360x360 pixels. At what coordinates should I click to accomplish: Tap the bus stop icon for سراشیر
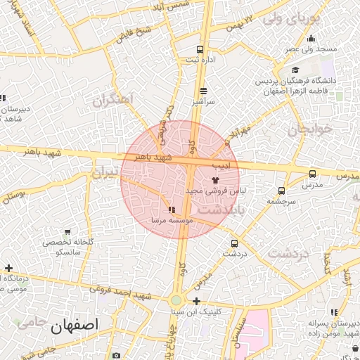point(204,91)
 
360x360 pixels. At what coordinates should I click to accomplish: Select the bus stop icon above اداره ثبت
point(200,49)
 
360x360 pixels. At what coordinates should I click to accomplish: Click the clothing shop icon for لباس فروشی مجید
point(215,180)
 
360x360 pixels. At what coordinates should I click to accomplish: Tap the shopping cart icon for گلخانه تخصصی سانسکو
point(67,231)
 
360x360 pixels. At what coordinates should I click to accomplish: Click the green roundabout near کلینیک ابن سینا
point(176,301)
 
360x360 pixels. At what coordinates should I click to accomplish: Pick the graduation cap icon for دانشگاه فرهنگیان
point(296,70)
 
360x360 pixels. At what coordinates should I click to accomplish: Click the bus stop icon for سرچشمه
point(282,191)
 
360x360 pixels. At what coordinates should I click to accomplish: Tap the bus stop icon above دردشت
point(234,243)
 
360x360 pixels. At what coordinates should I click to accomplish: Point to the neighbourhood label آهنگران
point(112,101)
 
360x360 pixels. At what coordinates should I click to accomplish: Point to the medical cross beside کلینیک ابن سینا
point(196,301)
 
